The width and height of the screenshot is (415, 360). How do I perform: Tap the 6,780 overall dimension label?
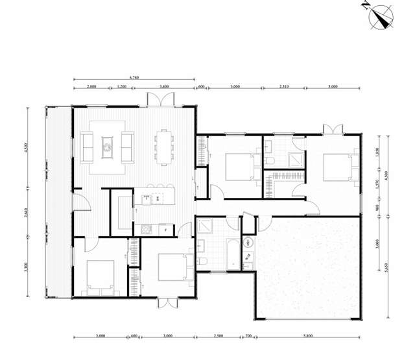(134, 78)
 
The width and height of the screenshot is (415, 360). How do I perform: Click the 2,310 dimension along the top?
(284, 86)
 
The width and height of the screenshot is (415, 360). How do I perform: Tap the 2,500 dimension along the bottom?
(220, 336)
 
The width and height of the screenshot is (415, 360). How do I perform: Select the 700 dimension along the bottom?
(248, 336)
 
